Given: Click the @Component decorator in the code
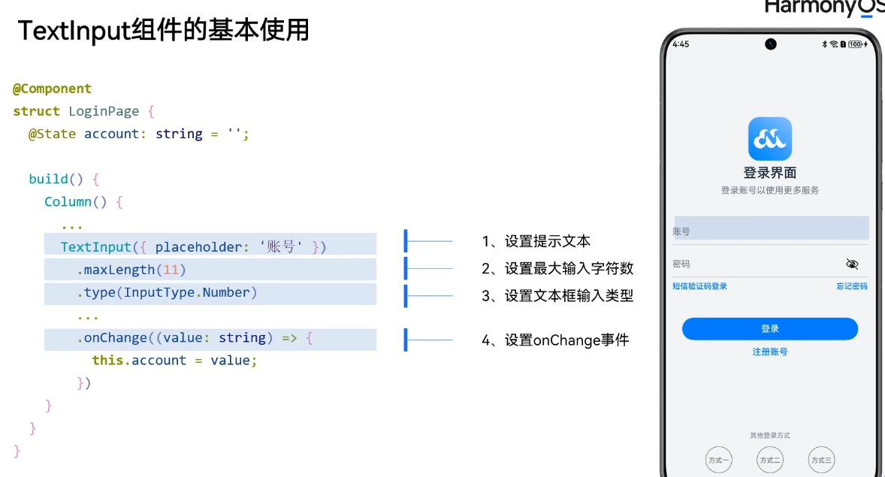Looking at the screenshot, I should click(52, 89).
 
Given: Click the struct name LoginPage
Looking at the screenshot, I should click(104, 111).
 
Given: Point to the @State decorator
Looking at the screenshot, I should click(53, 134).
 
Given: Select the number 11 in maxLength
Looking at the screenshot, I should click(171, 270).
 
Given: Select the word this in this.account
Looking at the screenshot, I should click(107, 361).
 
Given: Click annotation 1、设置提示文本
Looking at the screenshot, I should click(536, 241).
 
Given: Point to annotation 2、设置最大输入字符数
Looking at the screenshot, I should click(557, 268).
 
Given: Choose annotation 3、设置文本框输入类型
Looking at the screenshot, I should click(557, 296).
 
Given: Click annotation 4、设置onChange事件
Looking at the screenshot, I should click(555, 340).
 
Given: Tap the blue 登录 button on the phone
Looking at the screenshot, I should click(769, 329).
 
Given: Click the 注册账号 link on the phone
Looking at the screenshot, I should click(769, 352).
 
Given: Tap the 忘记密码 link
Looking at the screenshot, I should click(852, 286).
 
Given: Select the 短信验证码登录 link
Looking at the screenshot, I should click(699, 286).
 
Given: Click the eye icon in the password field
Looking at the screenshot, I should click(852, 264).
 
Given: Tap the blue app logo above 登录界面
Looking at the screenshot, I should click(769, 139).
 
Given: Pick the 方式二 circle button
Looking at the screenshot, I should click(769, 460).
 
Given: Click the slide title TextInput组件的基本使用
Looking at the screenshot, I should click(163, 31).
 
